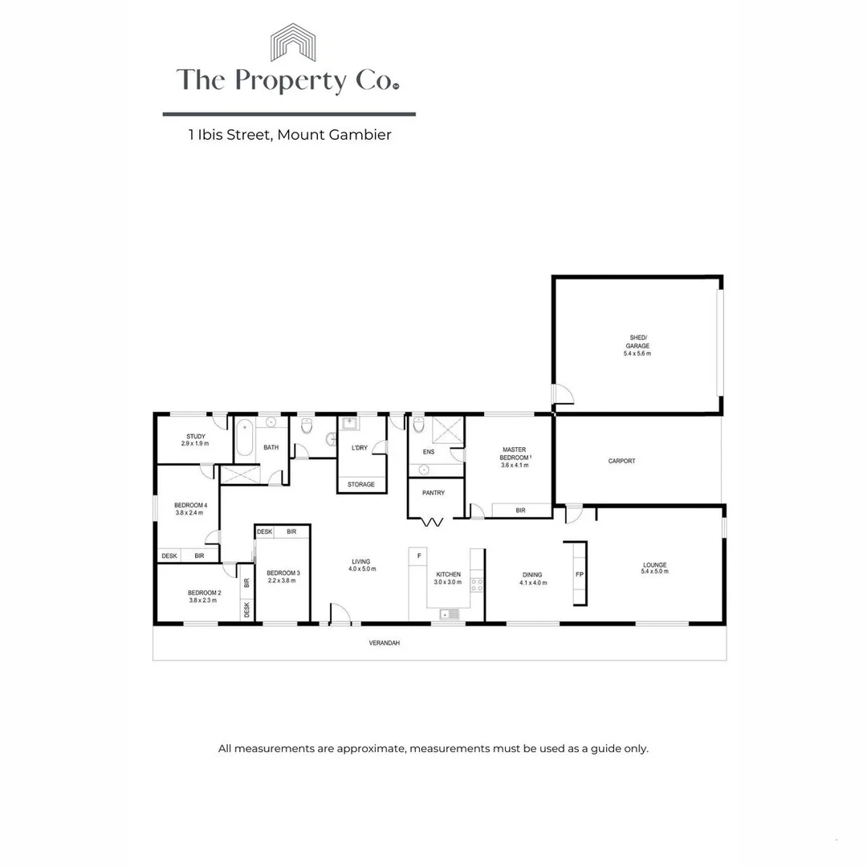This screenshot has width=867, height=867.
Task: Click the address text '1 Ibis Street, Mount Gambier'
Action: pos(290,135)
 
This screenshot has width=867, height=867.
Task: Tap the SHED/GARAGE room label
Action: pos(637,342)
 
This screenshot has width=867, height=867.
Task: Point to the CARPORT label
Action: pos(621,461)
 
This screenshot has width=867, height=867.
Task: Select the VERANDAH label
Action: pos(383,643)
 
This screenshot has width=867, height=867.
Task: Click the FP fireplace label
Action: pos(579,575)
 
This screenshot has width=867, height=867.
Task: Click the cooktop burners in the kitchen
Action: pos(477,584)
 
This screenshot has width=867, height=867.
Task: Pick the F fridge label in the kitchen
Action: pos(419,555)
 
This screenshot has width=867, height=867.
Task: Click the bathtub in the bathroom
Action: pos(245,438)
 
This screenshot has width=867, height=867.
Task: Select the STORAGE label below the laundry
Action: pos(361,484)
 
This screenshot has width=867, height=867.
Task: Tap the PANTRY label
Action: pos(433,493)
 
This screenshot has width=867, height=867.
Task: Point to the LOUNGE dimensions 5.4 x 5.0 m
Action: pos(654,573)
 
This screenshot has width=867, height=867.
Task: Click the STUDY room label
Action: pos(196,437)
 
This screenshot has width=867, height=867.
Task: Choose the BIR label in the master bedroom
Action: pos(520,510)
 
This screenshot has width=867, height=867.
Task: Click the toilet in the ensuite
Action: pos(418,425)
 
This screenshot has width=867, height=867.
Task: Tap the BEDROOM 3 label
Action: pos(283,572)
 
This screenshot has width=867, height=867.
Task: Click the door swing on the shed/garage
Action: pos(564,393)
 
